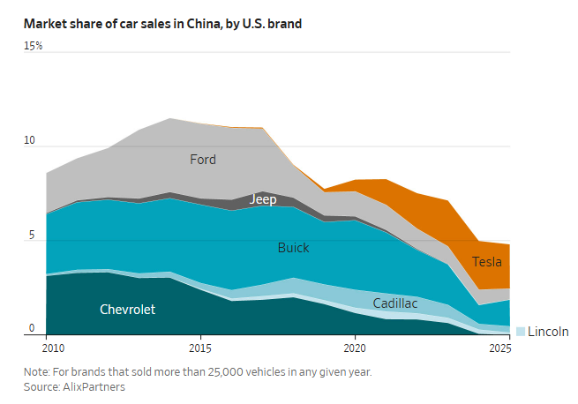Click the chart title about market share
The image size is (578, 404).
pyautogui.click(x=162, y=24)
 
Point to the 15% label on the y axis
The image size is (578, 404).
pyautogui.click(x=34, y=46)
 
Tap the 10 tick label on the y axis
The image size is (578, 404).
pyautogui.click(x=29, y=140)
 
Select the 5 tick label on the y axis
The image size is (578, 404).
pyautogui.click(x=32, y=235)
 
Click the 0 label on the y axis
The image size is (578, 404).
pyautogui.click(x=32, y=327)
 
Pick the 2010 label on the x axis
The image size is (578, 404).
pyautogui.click(x=53, y=348)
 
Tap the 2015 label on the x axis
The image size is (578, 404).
pyautogui.click(x=200, y=348)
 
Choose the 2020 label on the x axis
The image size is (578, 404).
pyautogui.click(x=355, y=348)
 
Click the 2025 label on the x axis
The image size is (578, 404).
pyautogui.click(x=500, y=348)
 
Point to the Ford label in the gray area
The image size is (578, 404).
pyautogui.click(x=203, y=160)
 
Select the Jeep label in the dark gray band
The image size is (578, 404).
pyautogui.click(x=263, y=199)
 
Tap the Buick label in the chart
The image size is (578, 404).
pyautogui.click(x=294, y=248)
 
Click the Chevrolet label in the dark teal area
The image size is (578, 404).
pyautogui.click(x=128, y=310)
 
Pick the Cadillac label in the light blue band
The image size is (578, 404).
pyautogui.click(x=395, y=303)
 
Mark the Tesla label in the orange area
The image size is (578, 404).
pyautogui.click(x=487, y=262)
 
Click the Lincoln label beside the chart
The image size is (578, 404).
pyautogui.click(x=548, y=332)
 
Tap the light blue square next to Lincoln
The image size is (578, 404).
pyautogui.click(x=521, y=332)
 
